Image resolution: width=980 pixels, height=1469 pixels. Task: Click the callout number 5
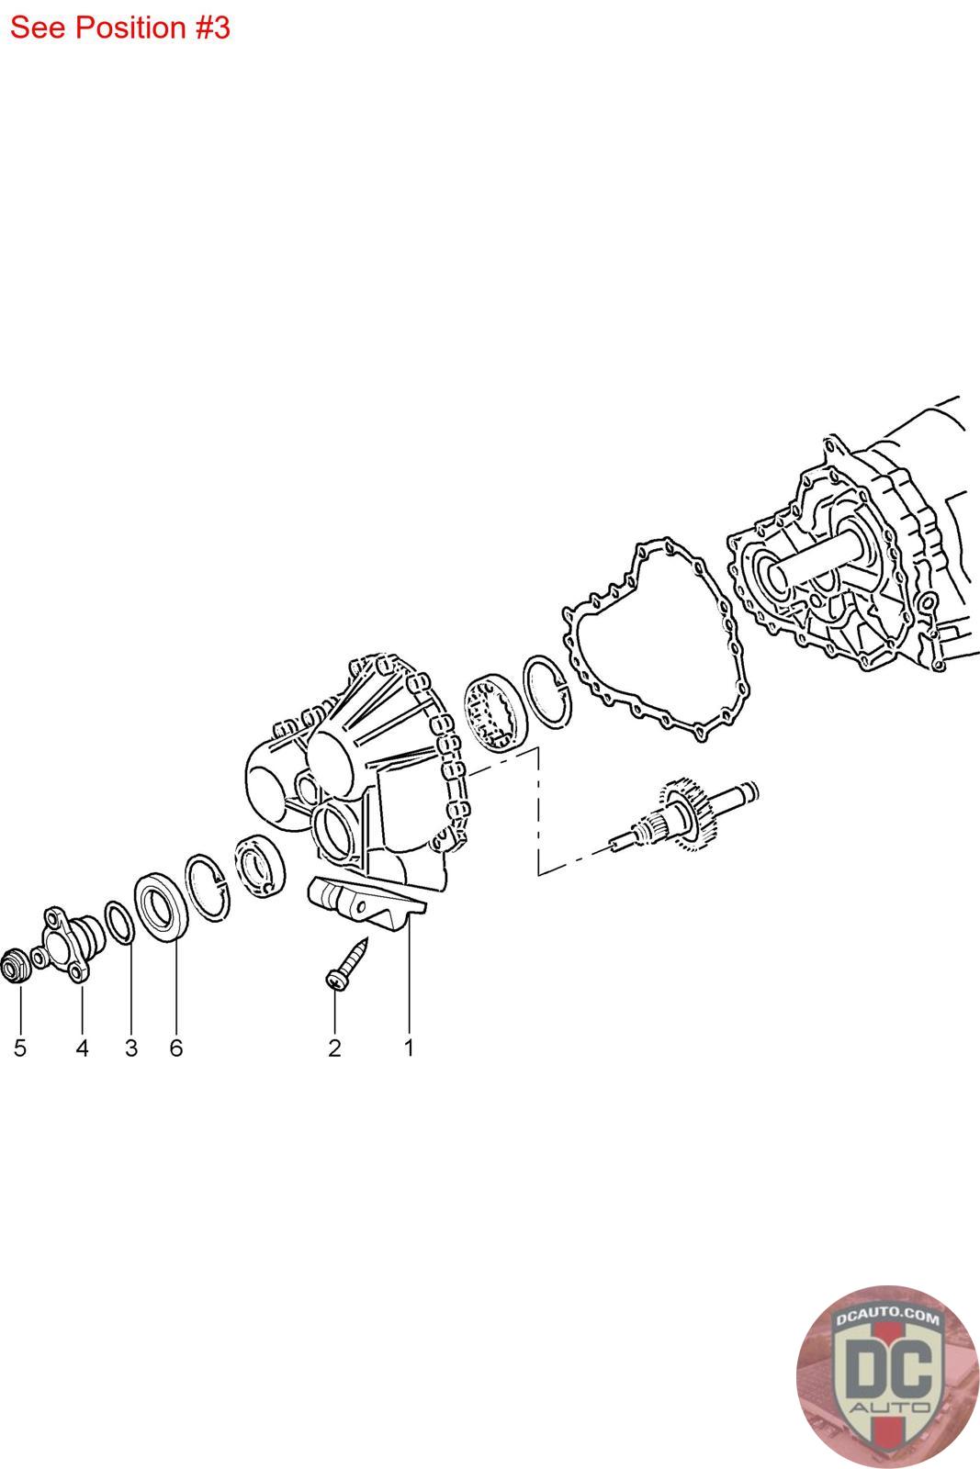[x=20, y=1048]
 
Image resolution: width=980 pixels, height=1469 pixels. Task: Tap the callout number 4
[x=82, y=1048]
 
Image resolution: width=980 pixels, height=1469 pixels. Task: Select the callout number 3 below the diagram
[x=131, y=1048]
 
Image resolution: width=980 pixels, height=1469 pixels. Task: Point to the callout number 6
[x=175, y=1048]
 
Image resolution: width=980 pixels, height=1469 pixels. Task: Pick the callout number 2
[x=334, y=1048]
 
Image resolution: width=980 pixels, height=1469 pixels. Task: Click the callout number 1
[x=409, y=1048]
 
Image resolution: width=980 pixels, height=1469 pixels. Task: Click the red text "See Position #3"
[x=120, y=28]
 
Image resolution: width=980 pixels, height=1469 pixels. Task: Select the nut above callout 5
[x=16, y=966]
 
